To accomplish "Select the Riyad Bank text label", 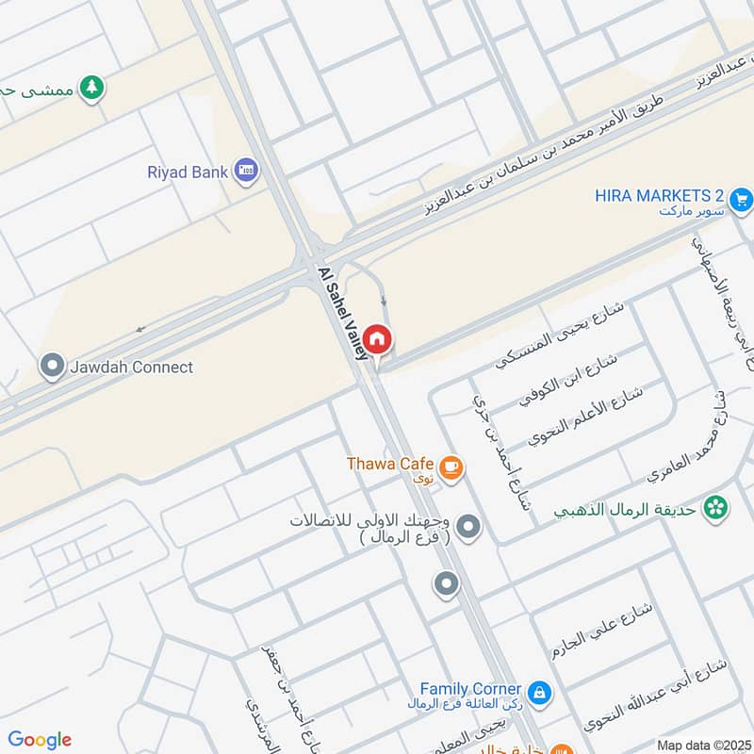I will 188,172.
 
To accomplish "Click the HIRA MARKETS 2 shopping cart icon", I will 741,199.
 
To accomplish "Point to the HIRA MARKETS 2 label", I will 659,196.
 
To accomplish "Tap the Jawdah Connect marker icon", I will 53,367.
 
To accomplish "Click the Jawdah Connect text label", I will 131,368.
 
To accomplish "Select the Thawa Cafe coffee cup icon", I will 451,467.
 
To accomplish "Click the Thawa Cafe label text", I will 389,464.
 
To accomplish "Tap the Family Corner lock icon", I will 538,694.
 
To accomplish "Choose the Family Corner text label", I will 470,689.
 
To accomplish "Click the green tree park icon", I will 91,87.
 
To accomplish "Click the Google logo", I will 40,740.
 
